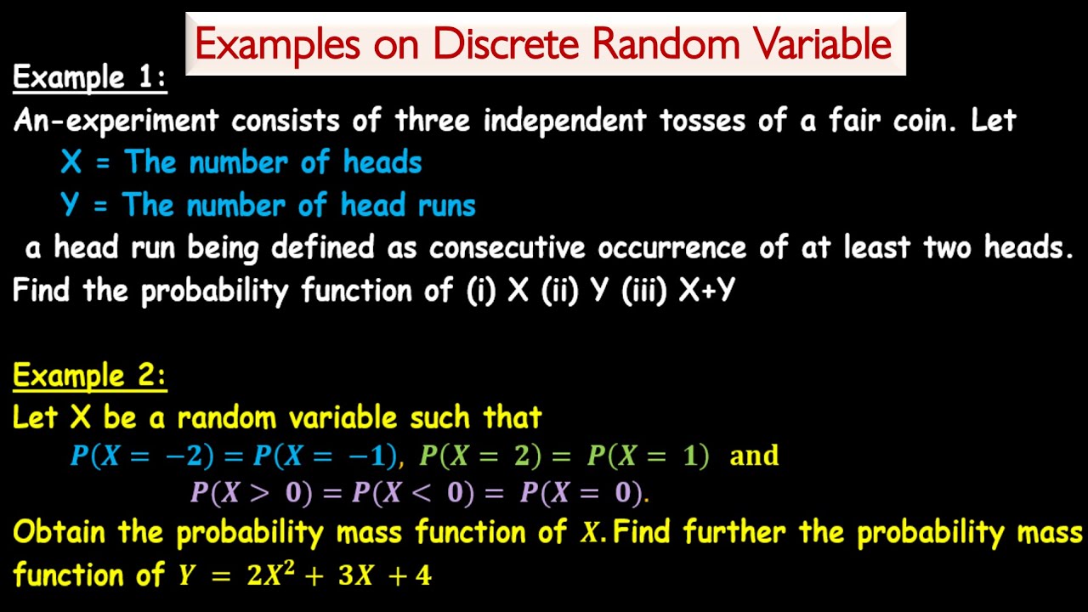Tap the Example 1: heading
[89, 78]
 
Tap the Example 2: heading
[89, 375]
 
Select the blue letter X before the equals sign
[71, 161]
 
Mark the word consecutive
[507, 247]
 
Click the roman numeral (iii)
[643, 291]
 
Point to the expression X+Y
[707, 291]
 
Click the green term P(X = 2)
[480, 456]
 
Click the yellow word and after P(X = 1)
[754, 456]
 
